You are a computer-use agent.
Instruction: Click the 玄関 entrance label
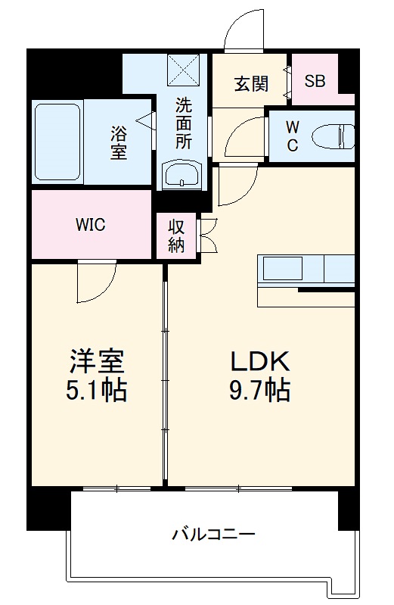[251, 83]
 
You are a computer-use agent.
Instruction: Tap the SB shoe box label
[315, 81]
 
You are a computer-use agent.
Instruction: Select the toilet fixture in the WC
[333, 136]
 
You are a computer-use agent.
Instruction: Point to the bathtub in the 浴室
[57, 142]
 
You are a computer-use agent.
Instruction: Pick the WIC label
[91, 224]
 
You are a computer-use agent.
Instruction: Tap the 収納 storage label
[176, 236]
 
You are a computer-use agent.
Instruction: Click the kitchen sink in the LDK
[283, 269]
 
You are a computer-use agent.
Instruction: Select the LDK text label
[260, 361]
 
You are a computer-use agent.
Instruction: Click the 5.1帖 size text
[97, 390]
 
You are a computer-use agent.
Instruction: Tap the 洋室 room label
[97, 361]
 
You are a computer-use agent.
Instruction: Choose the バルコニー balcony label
[213, 535]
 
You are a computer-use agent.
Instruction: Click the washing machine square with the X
[184, 70]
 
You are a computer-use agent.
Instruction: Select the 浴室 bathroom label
[119, 142]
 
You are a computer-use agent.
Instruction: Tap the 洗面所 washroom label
[184, 123]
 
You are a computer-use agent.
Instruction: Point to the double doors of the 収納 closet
[208, 235]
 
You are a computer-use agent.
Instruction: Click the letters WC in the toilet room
[292, 136]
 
